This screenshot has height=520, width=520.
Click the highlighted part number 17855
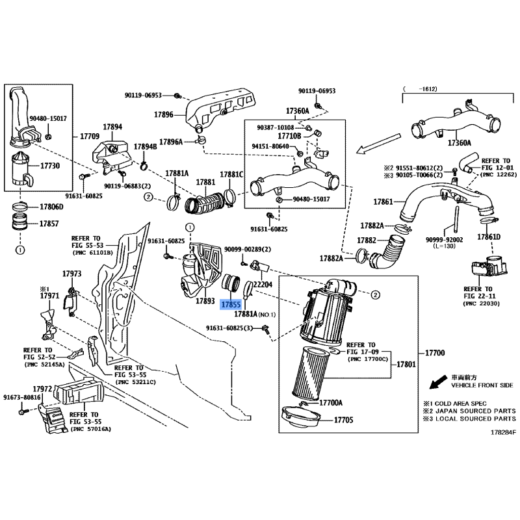click(231, 304)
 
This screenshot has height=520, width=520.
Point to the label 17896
click(163, 114)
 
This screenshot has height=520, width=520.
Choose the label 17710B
click(289, 136)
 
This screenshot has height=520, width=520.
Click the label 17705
click(344, 420)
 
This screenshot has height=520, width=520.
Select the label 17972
click(42, 389)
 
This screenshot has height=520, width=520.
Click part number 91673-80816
click(21, 397)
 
